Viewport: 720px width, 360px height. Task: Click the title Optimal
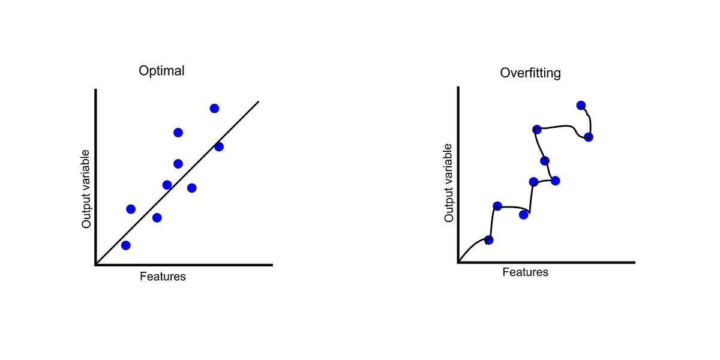tap(161, 71)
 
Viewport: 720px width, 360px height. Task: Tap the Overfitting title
tap(530, 74)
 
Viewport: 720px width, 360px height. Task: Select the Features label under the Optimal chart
tap(163, 277)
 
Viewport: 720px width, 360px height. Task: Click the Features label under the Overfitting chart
tap(525, 272)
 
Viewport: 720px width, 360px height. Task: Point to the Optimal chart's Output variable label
tap(86, 189)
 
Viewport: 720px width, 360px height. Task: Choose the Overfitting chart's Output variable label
tap(449, 184)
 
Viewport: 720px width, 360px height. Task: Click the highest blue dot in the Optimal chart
tap(214, 109)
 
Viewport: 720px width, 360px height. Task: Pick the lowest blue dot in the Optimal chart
tap(125, 245)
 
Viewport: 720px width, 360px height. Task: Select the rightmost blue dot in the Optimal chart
tap(218, 147)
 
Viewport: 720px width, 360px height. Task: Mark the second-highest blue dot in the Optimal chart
tap(178, 133)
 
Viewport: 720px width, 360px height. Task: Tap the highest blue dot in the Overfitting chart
tap(580, 106)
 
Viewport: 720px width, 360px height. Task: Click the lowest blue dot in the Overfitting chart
tap(488, 240)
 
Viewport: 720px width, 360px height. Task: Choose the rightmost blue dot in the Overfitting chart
tap(589, 137)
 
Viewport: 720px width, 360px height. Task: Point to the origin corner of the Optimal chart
tap(96, 264)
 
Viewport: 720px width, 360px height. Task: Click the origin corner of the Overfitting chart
tap(459, 262)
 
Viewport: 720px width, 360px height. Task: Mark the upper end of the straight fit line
tap(258, 101)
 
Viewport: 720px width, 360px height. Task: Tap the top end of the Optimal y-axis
tap(96, 90)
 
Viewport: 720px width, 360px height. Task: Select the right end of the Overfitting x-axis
tap(634, 262)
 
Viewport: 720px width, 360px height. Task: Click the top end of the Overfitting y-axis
tap(459, 88)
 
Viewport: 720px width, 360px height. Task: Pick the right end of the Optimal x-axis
tap(272, 264)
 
